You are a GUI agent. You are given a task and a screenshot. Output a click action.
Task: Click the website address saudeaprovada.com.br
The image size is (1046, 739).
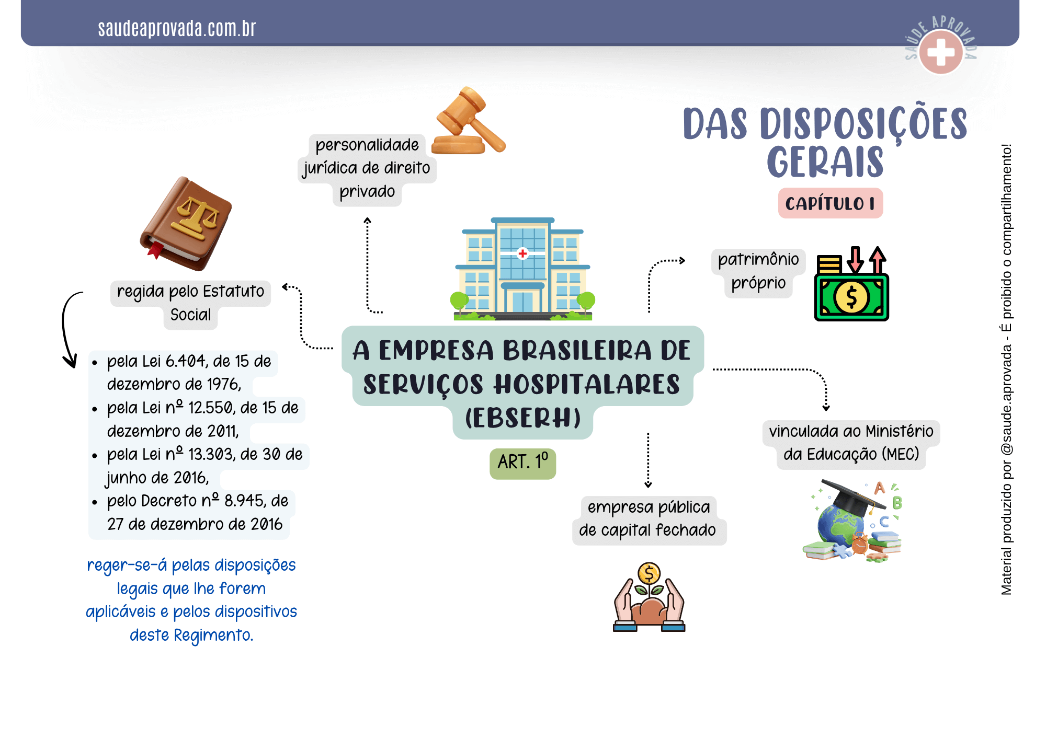tap(177, 29)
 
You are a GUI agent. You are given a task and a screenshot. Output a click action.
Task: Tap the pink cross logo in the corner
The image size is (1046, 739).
tap(941, 52)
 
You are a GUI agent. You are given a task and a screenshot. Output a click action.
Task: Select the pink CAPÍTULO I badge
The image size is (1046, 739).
tap(830, 203)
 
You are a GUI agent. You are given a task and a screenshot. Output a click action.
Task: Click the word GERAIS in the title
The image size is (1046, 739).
tap(825, 162)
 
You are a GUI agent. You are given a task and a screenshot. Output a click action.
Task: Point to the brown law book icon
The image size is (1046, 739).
tap(186, 224)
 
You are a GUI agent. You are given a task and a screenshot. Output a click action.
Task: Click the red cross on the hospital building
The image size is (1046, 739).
tap(522, 253)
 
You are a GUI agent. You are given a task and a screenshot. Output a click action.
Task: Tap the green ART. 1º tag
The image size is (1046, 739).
tap(522, 463)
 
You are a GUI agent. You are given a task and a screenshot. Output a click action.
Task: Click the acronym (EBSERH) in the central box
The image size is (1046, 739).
tap(522, 419)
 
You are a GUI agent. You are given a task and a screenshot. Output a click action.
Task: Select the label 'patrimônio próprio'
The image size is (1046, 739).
tap(758, 271)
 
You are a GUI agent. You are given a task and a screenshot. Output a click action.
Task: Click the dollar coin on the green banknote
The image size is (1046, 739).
tap(851, 297)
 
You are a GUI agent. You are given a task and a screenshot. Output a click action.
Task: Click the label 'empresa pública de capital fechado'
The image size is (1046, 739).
tap(649, 519)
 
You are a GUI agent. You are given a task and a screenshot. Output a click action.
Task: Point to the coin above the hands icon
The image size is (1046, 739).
tap(649, 574)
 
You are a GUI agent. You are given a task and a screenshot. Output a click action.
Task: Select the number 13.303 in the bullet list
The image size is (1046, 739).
tap(210, 454)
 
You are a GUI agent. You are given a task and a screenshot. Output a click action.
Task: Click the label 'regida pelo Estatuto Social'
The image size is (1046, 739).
tap(190, 303)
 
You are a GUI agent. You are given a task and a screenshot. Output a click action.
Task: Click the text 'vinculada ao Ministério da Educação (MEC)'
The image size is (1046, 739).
tap(851, 443)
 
